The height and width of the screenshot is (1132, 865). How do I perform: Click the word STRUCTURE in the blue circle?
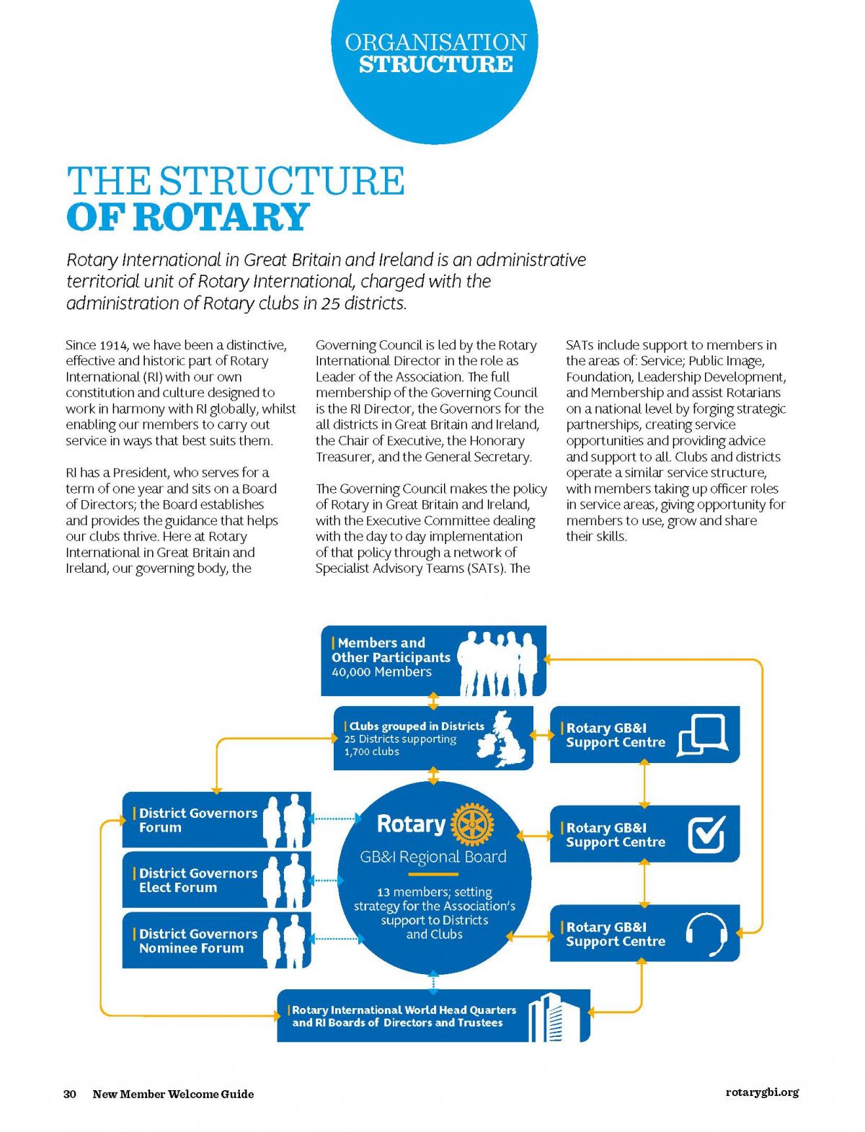click(x=436, y=64)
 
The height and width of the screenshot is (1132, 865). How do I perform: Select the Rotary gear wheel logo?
click(x=472, y=824)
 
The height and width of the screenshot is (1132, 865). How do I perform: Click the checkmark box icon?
click(x=707, y=834)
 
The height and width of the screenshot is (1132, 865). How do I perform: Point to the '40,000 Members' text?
click(x=382, y=672)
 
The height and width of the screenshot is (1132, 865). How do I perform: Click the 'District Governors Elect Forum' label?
click(x=198, y=881)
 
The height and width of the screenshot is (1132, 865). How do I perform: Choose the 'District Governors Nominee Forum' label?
click(x=198, y=940)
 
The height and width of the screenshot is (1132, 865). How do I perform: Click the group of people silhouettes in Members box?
click(x=497, y=663)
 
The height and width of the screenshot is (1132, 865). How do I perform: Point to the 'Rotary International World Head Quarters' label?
click(x=404, y=1010)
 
